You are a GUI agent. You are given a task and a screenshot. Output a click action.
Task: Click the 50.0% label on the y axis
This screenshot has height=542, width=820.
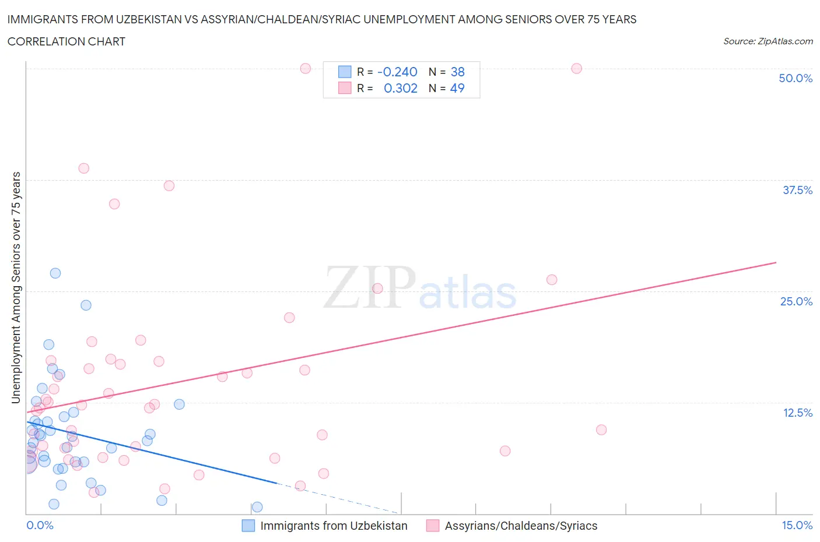pyautogui.click(x=796, y=78)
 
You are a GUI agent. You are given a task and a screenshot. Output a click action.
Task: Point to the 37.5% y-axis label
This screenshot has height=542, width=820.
pyautogui.click(x=797, y=190)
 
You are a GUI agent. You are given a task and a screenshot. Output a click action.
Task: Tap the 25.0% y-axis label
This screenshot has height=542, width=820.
pyautogui.click(x=796, y=301)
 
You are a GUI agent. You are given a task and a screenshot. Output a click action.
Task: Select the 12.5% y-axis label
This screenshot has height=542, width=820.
pyautogui.click(x=797, y=413)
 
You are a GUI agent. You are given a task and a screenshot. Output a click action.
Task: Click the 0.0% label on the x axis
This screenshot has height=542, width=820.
pyautogui.click(x=40, y=525)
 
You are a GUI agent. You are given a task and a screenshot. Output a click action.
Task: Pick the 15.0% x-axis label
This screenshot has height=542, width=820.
pyautogui.click(x=797, y=525)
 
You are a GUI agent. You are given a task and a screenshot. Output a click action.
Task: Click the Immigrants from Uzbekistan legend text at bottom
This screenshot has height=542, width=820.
pyautogui.click(x=334, y=526)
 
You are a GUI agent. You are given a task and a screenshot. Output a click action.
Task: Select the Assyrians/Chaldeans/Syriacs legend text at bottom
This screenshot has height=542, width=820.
pyautogui.click(x=521, y=526)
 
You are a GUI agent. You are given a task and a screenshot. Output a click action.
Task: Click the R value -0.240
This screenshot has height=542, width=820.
pyautogui.click(x=397, y=72)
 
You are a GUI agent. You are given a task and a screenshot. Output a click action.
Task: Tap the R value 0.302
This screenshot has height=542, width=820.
pyautogui.click(x=401, y=88)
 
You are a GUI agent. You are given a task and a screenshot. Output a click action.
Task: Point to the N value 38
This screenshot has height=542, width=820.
pyautogui.click(x=458, y=72)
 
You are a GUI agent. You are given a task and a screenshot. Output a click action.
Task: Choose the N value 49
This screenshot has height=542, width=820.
pyautogui.click(x=458, y=88)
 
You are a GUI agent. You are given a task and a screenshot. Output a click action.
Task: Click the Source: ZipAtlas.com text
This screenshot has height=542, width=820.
pyautogui.click(x=768, y=41)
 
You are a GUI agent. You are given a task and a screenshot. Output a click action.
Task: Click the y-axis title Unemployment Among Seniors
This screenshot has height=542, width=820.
pyautogui.click(x=16, y=287)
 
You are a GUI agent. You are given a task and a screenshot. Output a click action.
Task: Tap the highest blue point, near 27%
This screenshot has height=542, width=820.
pyautogui.click(x=55, y=273)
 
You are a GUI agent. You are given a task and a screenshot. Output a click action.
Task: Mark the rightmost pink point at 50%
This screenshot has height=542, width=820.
pyautogui.click(x=576, y=68)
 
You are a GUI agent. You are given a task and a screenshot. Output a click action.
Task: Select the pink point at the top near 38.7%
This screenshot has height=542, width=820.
pyautogui.click(x=84, y=168)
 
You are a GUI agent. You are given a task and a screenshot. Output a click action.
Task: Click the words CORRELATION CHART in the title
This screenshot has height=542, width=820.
pyautogui.click(x=66, y=41)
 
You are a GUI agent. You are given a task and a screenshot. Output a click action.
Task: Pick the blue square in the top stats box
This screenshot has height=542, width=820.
pyautogui.click(x=345, y=72)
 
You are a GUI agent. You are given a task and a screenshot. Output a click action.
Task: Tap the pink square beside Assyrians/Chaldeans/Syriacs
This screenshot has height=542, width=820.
pyautogui.click(x=432, y=526)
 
